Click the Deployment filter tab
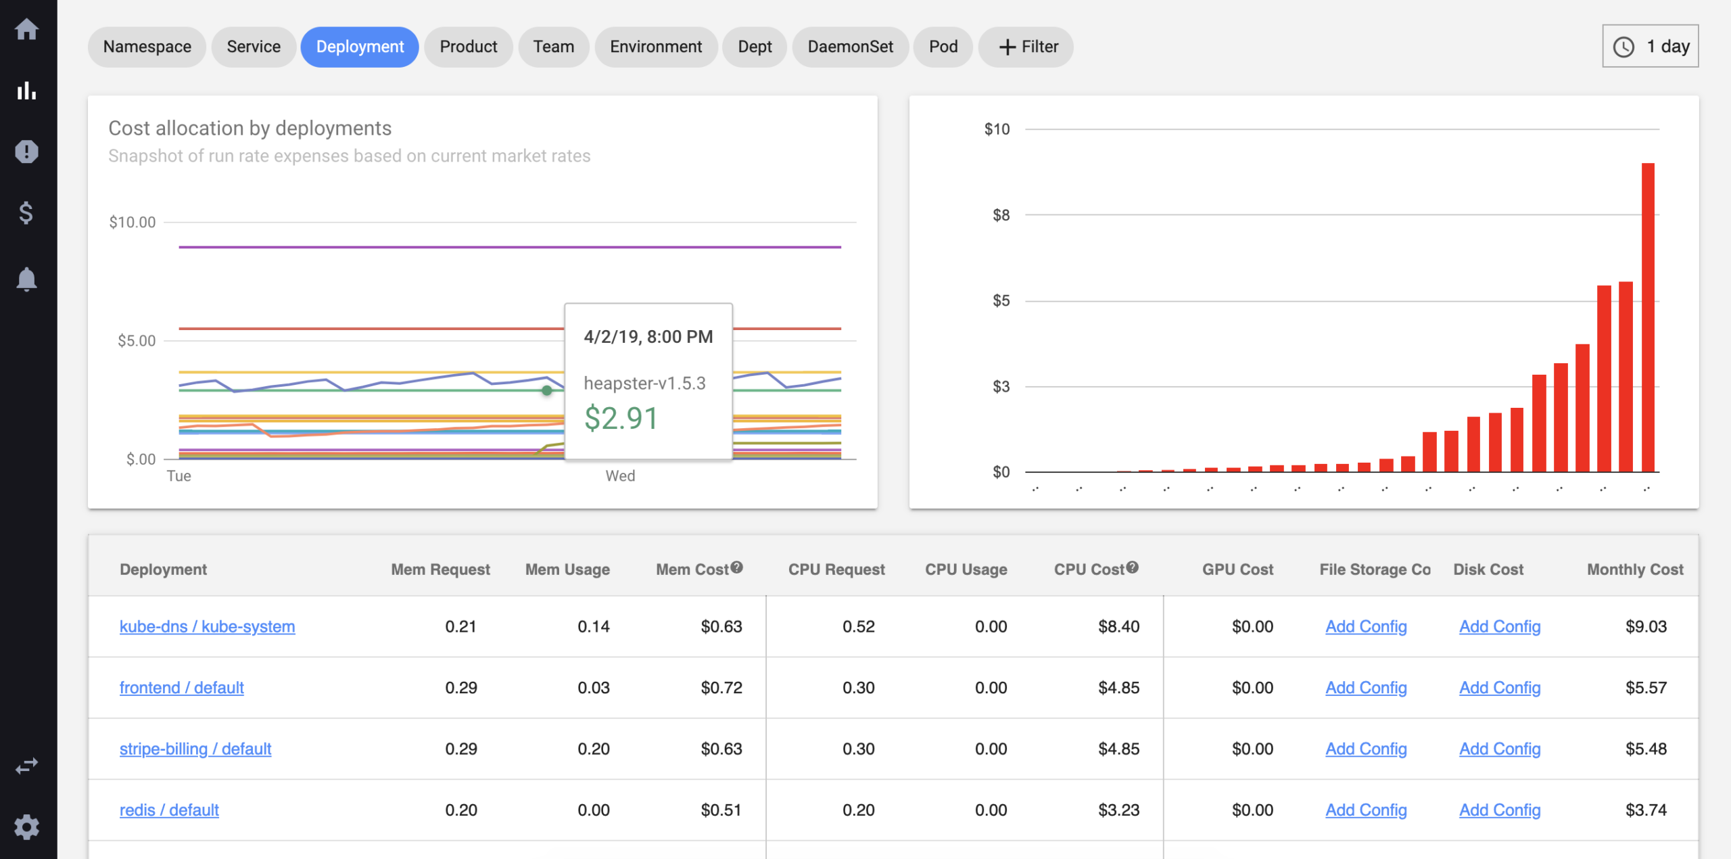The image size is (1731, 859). click(360, 47)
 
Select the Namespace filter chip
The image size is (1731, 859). click(147, 47)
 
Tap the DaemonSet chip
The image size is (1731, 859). click(850, 47)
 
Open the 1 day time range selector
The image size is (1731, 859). click(1650, 46)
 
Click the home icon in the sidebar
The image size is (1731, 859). click(27, 29)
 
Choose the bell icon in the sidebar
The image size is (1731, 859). click(27, 279)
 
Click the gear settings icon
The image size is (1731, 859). click(27, 827)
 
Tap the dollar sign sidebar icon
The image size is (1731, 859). click(27, 213)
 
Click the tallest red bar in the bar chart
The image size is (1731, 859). click(1648, 318)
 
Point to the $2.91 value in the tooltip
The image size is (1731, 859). click(621, 418)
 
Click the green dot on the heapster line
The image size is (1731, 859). click(546, 390)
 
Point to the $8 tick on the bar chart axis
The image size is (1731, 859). click(1001, 215)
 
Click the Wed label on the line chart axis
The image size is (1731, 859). click(620, 476)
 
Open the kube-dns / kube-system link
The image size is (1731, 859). click(207, 626)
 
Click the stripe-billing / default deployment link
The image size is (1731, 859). click(195, 749)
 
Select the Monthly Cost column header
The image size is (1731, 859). click(1635, 570)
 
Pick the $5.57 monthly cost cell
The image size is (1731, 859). click(1646, 688)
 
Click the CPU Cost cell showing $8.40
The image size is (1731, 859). click(1118, 626)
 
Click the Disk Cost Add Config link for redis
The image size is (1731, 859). click(1500, 810)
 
